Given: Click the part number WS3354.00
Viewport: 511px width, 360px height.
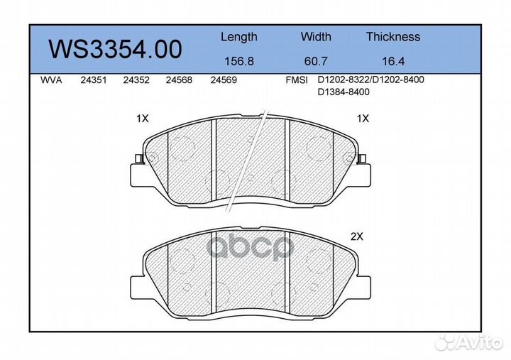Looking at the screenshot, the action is pyautogui.click(x=115, y=49).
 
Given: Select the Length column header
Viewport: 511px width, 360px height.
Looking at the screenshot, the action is pyautogui.click(x=239, y=37).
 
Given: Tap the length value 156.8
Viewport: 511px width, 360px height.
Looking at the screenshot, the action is pyautogui.click(x=239, y=61).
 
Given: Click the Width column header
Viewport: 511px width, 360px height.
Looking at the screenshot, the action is pyautogui.click(x=316, y=36).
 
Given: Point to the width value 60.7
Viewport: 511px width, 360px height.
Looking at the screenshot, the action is pyautogui.click(x=316, y=61).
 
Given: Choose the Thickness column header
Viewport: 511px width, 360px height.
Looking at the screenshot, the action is pyautogui.click(x=393, y=36).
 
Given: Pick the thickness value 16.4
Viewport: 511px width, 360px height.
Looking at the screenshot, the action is pyautogui.click(x=393, y=61).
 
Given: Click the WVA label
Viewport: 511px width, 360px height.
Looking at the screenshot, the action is pyautogui.click(x=51, y=80).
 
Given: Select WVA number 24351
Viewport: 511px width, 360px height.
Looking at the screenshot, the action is pyautogui.click(x=94, y=80).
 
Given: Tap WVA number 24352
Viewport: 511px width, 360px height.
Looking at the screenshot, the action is pyautogui.click(x=136, y=80).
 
